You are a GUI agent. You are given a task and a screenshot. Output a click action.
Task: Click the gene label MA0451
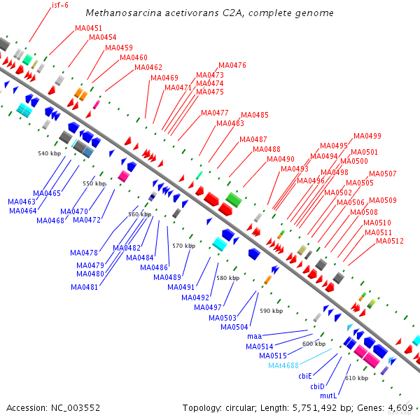point(88,29)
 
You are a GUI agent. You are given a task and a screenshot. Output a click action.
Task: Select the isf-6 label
point(60,5)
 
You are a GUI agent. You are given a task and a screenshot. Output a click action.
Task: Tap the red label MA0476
point(232,65)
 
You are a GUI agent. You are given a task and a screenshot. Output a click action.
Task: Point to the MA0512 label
point(390,241)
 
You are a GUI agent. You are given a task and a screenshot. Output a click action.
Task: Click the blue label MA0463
point(22,202)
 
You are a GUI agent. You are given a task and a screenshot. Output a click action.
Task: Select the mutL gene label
point(329,395)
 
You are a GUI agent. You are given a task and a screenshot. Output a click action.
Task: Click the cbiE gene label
point(305,376)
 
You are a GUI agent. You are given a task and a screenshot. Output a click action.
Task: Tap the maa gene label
point(253,337)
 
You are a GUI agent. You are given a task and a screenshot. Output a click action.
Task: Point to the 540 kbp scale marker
point(49,153)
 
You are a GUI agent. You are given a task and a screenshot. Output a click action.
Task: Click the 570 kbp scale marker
point(183,246)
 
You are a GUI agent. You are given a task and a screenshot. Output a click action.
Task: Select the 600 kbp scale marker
point(314,344)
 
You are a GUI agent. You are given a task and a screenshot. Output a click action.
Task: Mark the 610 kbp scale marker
point(356,378)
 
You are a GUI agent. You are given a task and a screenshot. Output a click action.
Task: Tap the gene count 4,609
point(401,407)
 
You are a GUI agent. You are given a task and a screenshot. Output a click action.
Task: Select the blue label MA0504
point(234,327)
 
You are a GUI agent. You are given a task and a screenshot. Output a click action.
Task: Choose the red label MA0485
point(254,115)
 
